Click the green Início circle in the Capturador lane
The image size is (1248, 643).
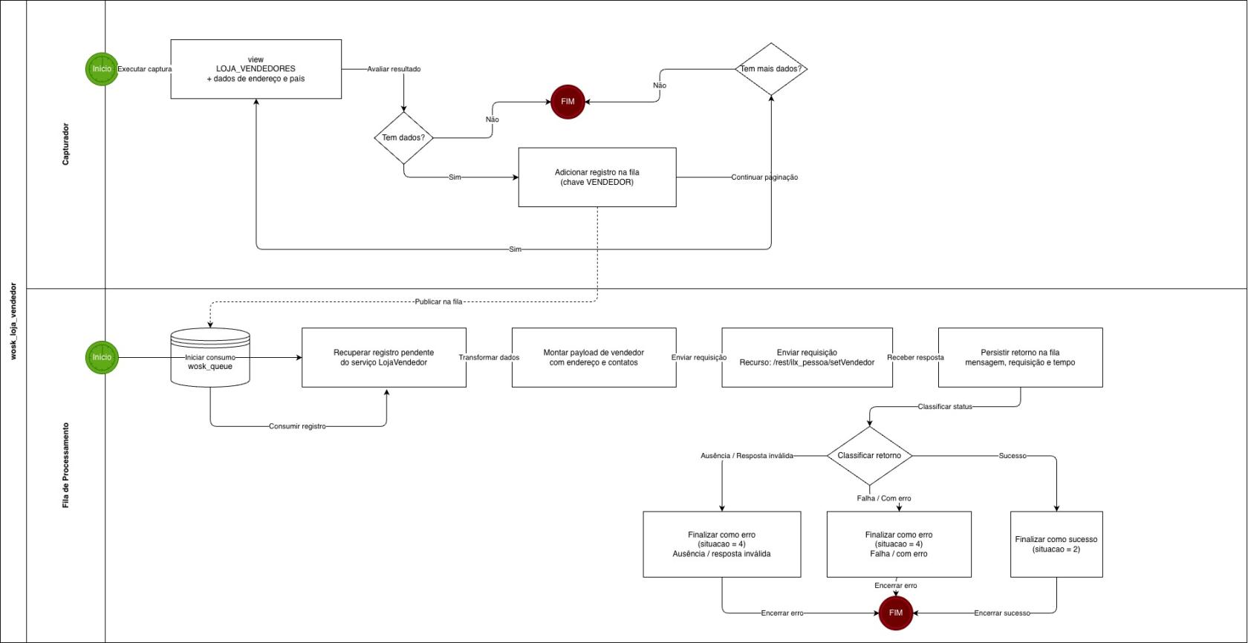[x=102, y=69]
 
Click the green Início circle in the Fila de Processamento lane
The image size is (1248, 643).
[x=102, y=357]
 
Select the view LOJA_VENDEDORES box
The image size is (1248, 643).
[x=256, y=69]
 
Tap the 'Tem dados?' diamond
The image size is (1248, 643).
[x=403, y=138]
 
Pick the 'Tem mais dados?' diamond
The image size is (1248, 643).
[x=771, y=69]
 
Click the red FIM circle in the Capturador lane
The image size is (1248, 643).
[x=568, y=102]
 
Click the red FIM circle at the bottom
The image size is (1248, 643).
[x=895, y=613]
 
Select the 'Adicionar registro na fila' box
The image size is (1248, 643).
[x=597, y=177]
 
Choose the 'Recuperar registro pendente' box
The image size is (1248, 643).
[x=383, y=357]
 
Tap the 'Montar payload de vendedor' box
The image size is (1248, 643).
[x=594, y=357]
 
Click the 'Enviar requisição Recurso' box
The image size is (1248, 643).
[x=807, y=357]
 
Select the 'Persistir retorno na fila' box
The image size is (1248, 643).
[x=1020, y=357]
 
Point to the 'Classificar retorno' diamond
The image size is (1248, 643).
[x=869, y=456]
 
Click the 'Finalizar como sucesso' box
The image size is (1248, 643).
[x=1056, y=544]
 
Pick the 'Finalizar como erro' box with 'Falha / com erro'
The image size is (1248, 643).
[x=899, y=544]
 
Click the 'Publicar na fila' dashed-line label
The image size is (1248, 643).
[x=438, y=301]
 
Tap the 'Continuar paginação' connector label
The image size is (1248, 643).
[x=764, y=177]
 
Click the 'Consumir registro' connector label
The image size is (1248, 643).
[x=297, y=426]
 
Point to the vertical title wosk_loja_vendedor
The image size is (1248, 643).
[x=13, y=321]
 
